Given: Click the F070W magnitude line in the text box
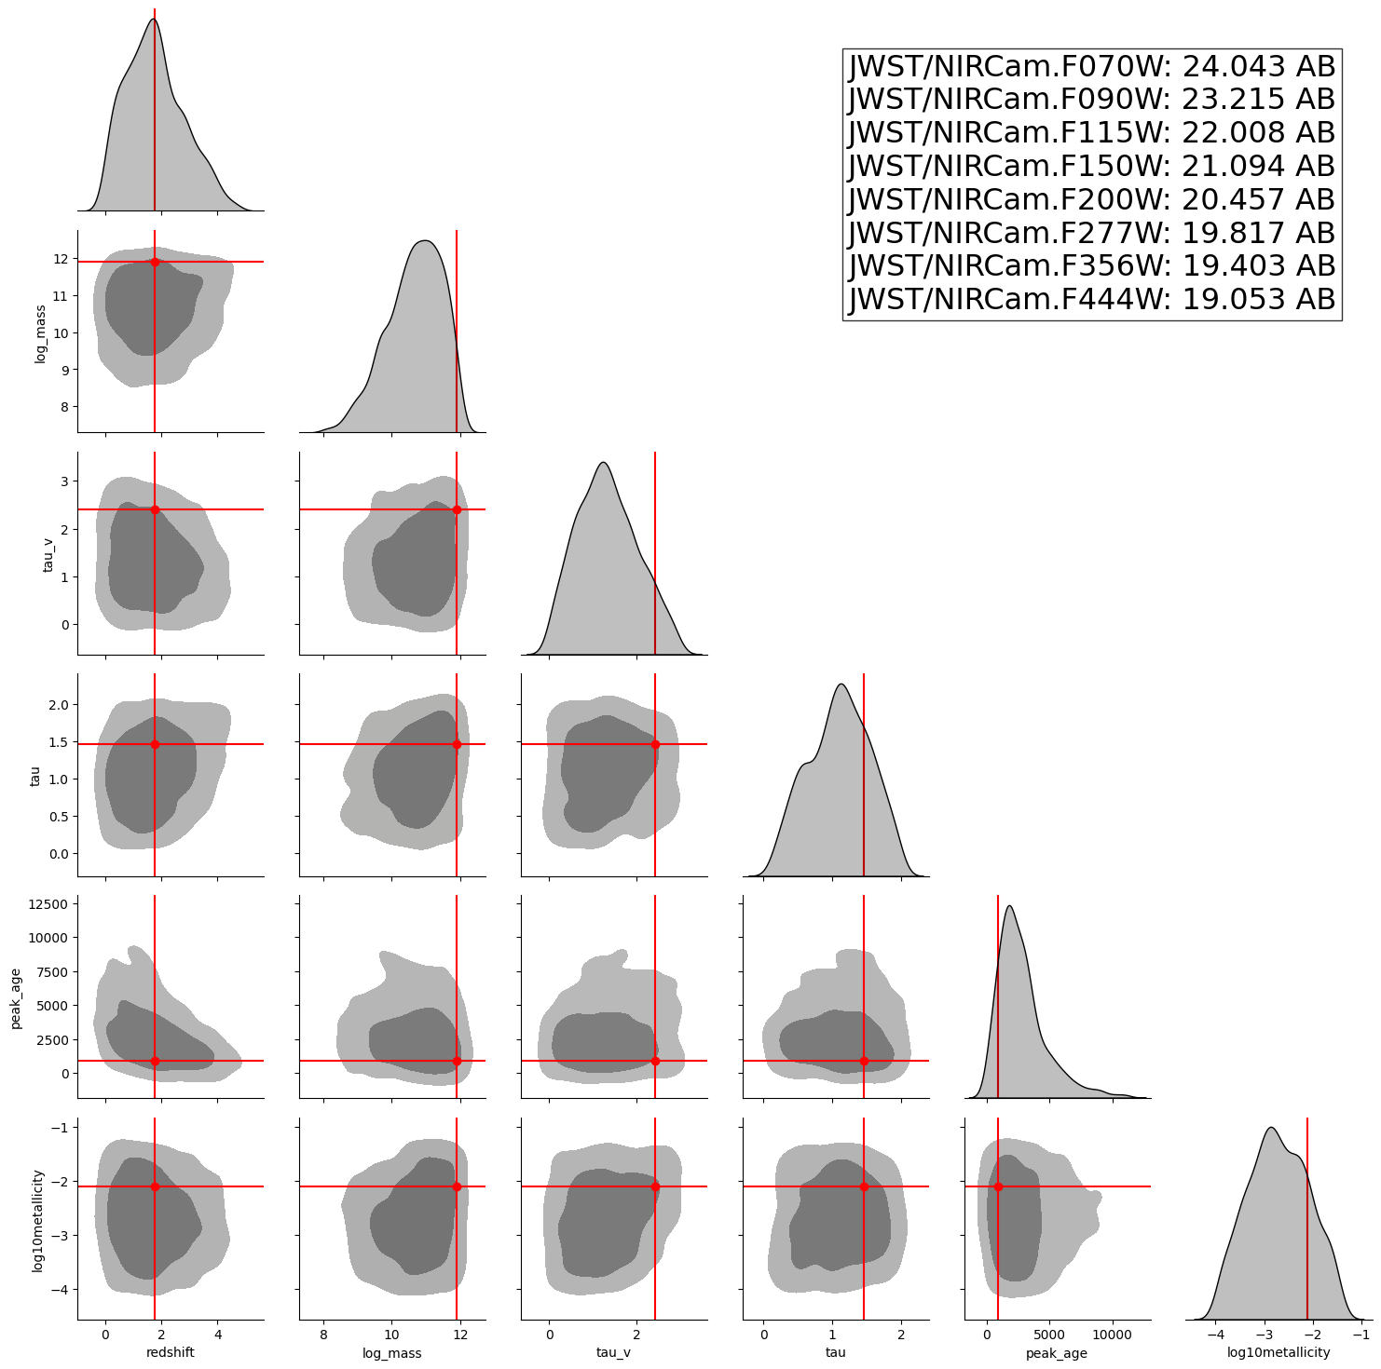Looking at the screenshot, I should point(1091,67).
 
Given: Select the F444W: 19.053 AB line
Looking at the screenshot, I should point(1091,299).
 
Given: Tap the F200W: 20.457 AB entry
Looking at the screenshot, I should point(1091,199).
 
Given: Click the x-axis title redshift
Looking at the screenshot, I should point(171,1352).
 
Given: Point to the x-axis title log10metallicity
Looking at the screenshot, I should point(1278,1352).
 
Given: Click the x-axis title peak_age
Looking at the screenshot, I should point(1057,1353).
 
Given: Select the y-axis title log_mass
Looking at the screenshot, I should point(40,332).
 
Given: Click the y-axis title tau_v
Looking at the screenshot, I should point(40,553).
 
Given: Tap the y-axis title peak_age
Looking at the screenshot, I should point(16,996).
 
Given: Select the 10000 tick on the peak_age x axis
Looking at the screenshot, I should point(1110,1335).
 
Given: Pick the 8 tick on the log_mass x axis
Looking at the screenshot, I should point(323,1335).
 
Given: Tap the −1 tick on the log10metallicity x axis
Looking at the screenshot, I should point(1360,1335).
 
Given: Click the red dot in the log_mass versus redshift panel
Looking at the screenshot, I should point(155,262).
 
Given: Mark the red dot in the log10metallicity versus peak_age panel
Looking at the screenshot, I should point(998,1186).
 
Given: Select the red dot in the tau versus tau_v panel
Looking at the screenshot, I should point(655,744).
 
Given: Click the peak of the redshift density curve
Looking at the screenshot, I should point(153,20).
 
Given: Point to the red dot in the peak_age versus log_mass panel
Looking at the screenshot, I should point(457,1061).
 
